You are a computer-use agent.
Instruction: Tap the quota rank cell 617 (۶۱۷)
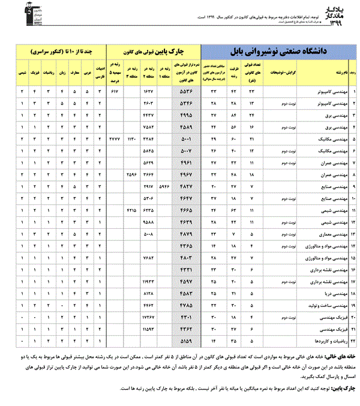(x=115, y=92)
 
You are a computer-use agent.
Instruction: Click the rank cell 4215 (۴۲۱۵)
(x=133, y=210)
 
